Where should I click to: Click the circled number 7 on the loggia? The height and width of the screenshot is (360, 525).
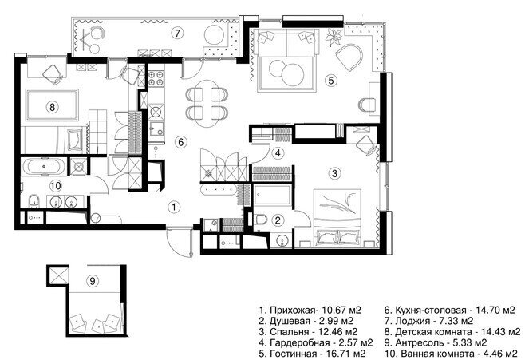tap(177, 34)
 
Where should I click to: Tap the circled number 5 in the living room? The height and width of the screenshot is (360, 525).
tap(331, 81)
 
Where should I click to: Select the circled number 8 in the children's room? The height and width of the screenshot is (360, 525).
tap(52, 107)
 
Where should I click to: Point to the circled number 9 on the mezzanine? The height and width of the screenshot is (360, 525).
tap(93, 281)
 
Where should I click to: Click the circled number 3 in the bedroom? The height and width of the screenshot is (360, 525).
tap(334, 173)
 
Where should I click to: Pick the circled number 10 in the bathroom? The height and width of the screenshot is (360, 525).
tap(56, 185)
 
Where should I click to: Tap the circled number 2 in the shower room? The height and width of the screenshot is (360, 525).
tap(278, 220)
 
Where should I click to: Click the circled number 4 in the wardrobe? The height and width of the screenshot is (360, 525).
tap(278, 153)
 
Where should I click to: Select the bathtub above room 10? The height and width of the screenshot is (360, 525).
tap(44, 167)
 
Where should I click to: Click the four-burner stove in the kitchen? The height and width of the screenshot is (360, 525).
tap(156, 79)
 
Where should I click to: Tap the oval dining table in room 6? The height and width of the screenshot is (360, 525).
tap(207, 104)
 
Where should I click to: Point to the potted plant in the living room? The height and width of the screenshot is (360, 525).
tap(334, 38)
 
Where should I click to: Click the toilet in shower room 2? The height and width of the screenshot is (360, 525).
tap(260, 220)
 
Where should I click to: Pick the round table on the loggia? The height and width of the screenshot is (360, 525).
tap(215, 35)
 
